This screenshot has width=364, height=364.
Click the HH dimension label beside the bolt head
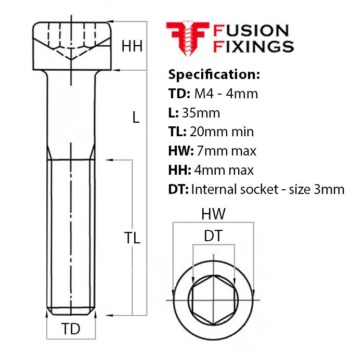132,46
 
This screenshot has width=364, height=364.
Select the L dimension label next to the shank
136,118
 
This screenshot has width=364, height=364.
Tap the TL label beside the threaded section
132,238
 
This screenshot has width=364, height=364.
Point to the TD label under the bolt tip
71,330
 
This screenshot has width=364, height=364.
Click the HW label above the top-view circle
213,214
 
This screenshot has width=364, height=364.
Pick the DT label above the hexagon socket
213,236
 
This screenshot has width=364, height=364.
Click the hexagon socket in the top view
213,300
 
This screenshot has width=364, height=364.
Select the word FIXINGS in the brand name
254,47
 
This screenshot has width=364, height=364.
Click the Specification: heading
214,74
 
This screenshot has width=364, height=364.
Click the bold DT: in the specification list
178,189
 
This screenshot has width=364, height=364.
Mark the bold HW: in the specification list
180,151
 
